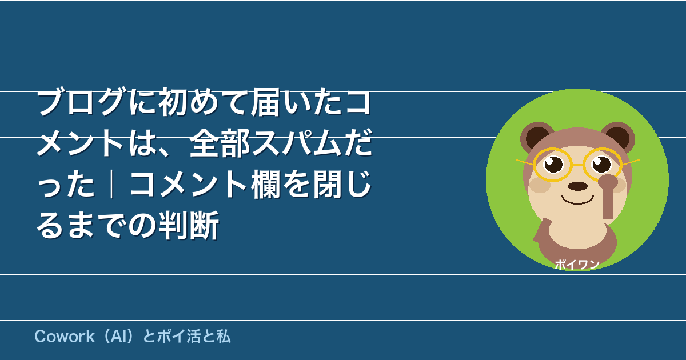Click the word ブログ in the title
pos(81,101)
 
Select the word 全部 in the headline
pos(220,143)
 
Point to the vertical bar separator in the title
pos(112,184)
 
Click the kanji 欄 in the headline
pos(265,184)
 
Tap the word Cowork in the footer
pos(65,337)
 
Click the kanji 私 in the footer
pos(224,337)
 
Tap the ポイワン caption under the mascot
pos(577,265)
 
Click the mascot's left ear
pos(537,137)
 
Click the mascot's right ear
pos(618,137)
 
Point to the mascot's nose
pos(577,186)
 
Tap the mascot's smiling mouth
pos(577,202)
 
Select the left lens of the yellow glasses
pos(553,165)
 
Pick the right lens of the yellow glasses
pos(602,165)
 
